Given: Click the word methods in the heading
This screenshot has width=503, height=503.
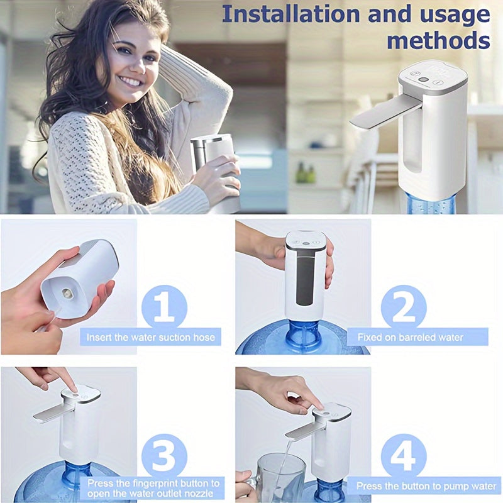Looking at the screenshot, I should point(438,40).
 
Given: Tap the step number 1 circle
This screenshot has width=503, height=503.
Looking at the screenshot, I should point(165,306).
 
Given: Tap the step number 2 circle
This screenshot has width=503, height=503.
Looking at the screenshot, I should point(403,306).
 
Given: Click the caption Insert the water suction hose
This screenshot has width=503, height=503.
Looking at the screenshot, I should point(150,338).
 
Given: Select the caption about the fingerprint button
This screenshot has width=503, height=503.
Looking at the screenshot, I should point(153,488).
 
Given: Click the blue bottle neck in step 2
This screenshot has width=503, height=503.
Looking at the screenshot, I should point(304,333).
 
